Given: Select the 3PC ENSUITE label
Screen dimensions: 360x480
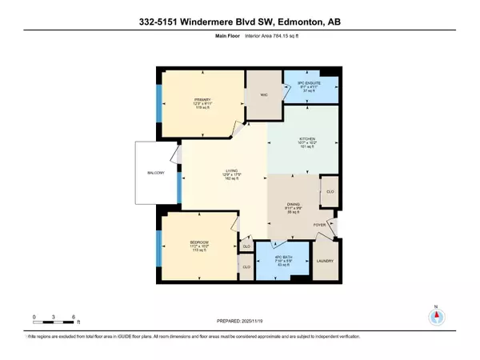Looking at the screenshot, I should tap(299, 81).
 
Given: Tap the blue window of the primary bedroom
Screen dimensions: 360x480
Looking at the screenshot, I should tap(160, 104).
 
